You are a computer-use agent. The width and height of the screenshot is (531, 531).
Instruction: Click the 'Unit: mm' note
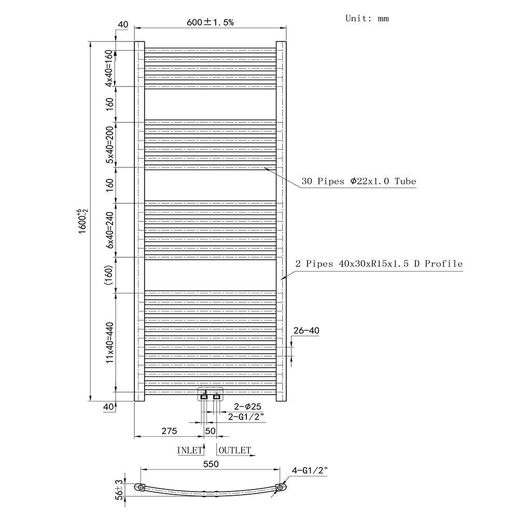pos(367,18)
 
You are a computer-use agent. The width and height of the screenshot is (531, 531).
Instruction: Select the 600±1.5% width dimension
pos(210,22)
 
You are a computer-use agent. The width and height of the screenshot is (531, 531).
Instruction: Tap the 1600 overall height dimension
pos(83,221)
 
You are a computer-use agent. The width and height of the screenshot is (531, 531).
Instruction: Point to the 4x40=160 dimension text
pos(108,68)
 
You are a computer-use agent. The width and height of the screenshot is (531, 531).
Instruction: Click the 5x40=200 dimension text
pos(109,145)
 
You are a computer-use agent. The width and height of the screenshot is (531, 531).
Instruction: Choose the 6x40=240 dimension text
pos(109,230)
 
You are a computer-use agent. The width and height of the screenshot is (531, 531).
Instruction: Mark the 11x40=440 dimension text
pos(109,343)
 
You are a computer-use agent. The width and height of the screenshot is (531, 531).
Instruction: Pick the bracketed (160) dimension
pos(109,275)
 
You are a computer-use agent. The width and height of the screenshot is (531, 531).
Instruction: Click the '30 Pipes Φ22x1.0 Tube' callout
pos(359,181)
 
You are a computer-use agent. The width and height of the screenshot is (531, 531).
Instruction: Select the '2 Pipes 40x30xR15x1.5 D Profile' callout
pos(379,264)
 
